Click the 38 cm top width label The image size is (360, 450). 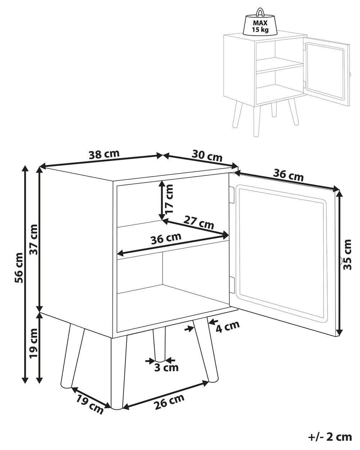click(x=104, y=154)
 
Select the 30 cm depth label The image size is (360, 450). click(x=207, y=155)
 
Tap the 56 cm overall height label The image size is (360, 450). click(x=19, y=268)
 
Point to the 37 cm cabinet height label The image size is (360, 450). click(x=34, y=240)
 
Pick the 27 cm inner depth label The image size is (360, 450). click(x=199, y=223)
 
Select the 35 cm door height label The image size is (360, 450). click(x=347, y=254)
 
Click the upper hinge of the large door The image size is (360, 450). click(x=232, y=195)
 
